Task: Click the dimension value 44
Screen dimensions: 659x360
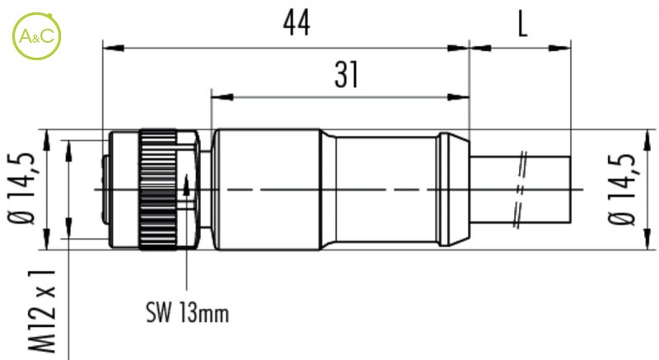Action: click(297, 23)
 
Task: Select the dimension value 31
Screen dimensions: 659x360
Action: click(347, 75)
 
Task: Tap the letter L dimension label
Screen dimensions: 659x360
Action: click(522, 24)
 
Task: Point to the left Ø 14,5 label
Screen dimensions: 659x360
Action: click(20, 189)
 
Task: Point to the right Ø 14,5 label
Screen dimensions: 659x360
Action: click(621, 189)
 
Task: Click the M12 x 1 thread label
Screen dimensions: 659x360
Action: click(42, 311)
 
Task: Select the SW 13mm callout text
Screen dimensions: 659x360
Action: click(188, 312)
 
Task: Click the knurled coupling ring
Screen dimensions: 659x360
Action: click(157, 189)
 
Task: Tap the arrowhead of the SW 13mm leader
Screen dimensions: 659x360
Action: click(186, 184)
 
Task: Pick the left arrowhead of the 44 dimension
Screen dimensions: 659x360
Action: click(113, 49)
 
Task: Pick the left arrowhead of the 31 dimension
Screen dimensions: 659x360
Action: click(222, 97)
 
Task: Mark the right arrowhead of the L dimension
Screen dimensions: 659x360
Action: click(560, 49)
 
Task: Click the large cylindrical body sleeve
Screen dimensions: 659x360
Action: click(269, 189)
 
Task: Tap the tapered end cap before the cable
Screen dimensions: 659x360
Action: click(453, 189)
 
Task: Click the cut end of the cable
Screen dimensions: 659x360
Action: click(570, 189)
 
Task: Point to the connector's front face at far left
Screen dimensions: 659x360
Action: click(106, 189)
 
